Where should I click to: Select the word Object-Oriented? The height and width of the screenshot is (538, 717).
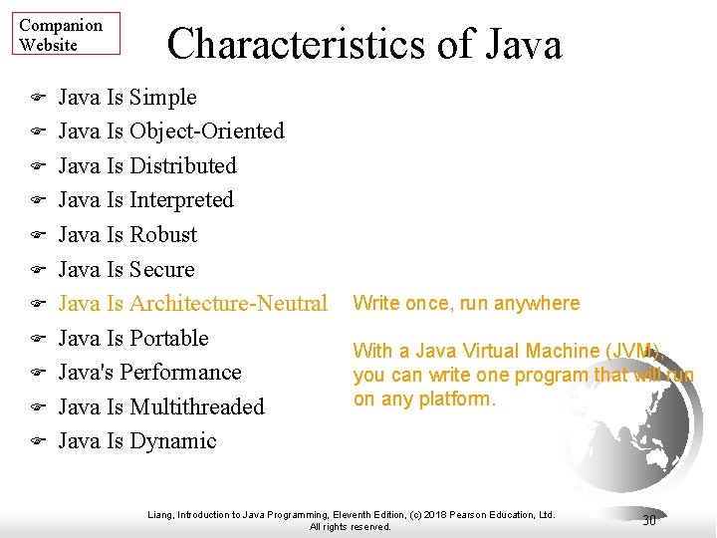click(206, 132)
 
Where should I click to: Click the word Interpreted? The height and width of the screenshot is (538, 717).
click(181, 200)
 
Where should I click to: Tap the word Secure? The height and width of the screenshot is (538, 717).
click(161, 269)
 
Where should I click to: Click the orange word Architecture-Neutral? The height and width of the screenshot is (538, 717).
click(228, 304)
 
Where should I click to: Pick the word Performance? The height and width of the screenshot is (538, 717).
click(186, 373)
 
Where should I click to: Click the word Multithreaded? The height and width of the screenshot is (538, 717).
click(196, 406)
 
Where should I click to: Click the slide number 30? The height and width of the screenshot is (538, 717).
click(649, 520)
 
